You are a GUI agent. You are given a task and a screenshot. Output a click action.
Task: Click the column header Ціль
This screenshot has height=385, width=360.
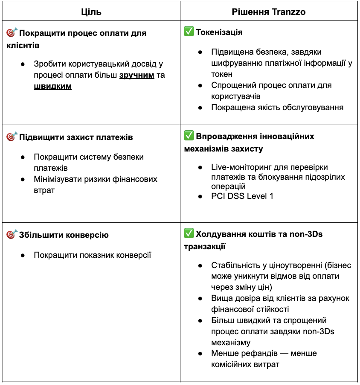[91, 12]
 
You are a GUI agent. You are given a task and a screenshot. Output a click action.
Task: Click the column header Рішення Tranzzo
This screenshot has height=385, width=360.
[269, 12]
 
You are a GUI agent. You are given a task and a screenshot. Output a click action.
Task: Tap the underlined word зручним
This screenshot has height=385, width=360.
[136, 75]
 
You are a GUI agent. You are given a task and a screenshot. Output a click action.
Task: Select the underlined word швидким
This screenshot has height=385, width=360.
[53, 86]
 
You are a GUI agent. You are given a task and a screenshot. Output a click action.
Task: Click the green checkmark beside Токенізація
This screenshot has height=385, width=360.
[189, 32]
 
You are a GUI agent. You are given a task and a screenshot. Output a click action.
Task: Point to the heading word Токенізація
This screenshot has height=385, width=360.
[219, 32]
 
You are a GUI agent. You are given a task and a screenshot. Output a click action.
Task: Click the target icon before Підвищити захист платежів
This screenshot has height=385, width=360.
[12, 137]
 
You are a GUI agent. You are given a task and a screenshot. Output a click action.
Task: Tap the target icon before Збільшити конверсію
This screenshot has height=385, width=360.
[12, 235]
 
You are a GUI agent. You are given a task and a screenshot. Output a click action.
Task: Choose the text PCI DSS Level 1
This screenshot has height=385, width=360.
[242, 196]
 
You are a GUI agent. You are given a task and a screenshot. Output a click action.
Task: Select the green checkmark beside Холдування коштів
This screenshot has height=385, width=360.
[189, 234]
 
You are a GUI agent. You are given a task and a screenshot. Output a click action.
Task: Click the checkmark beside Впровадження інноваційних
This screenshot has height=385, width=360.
[189, 137]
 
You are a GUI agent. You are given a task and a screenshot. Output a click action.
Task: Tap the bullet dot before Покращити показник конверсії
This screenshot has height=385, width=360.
[23, 256]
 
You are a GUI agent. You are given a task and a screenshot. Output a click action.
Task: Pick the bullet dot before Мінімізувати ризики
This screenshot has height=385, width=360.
[23, 179]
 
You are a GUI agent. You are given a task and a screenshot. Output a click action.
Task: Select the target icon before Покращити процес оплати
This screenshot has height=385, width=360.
[12, 33]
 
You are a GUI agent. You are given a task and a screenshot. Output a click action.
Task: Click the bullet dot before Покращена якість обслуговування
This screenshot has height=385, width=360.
[200, 108]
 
